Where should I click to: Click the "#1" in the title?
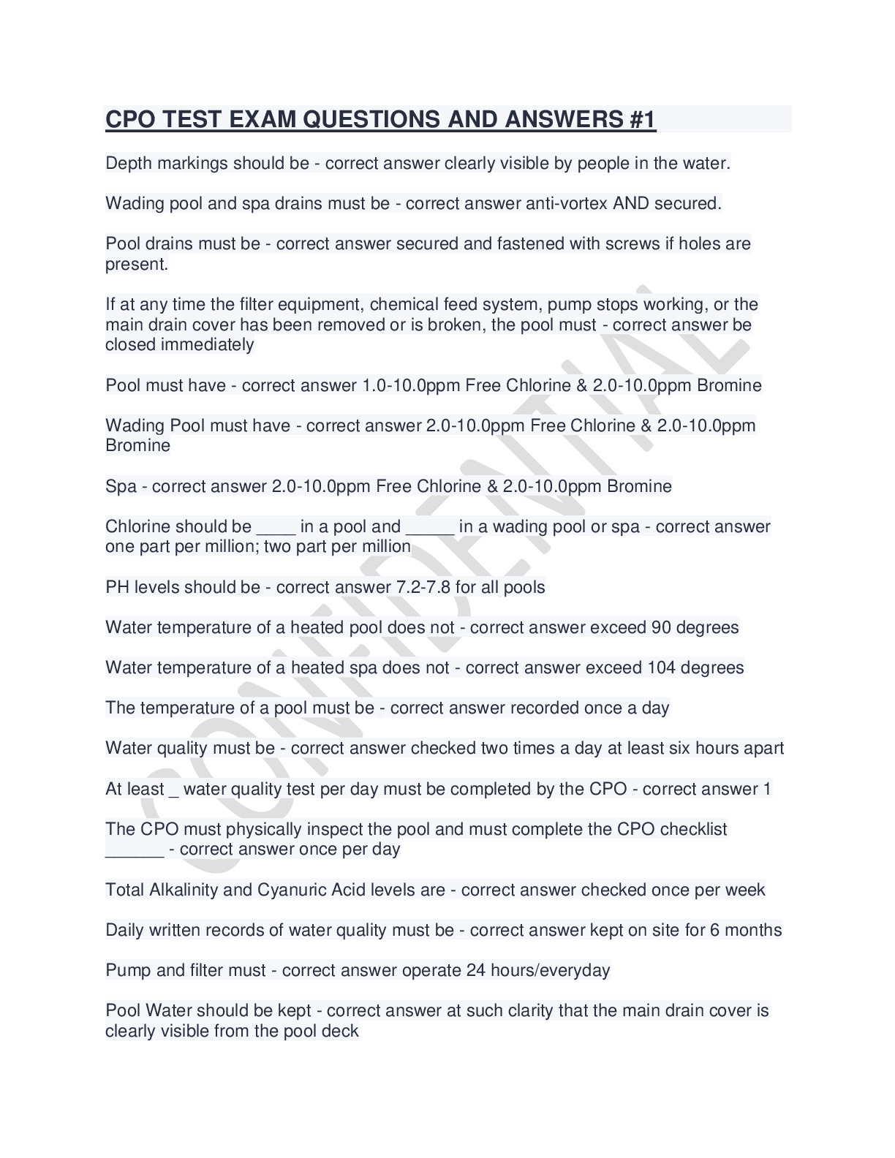click(x=641, y=119)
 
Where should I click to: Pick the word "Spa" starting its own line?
click(x=121, y=486)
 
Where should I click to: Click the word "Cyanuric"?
click(x=291, y=890)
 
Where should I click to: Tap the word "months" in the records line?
click(x=752, y=930)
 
